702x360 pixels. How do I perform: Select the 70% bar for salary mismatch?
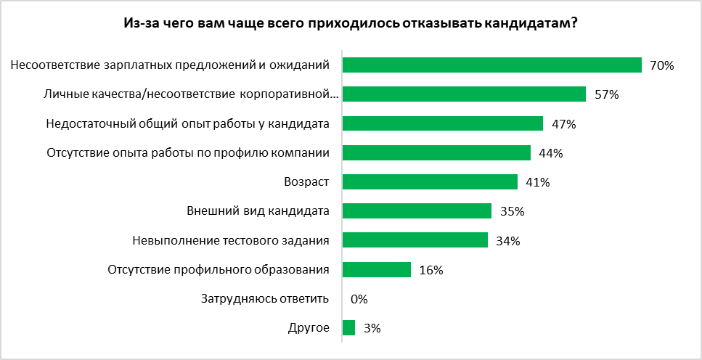[x=491, y=65]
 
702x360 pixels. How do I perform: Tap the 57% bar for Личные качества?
[x=463, y=94]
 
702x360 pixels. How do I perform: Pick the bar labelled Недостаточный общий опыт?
[x=442, y=123]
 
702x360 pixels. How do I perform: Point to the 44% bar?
[x=436, y=152]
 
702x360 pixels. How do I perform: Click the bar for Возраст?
[x=430, y=181]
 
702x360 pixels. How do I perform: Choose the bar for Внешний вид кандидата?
[x=417, y=211]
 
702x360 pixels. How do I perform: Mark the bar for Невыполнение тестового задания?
[x=415, y=240]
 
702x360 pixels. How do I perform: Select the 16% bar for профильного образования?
[x=376, y=270]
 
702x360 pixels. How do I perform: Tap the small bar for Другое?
[x=348, y=328]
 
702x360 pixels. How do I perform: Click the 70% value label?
[x=662, y=66]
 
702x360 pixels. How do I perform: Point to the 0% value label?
[x=359, y=299]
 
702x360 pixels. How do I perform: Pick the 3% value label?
[x=372, y=328]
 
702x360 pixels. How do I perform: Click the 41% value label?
[x=537, y=182]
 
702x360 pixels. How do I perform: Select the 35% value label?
[x=512, y=211]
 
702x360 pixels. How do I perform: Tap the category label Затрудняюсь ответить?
[x=265, y=298]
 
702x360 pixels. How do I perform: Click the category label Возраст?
[x=306, y=181]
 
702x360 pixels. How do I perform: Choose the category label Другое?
[x=308, y=327]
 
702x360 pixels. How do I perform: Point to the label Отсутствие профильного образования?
[x=219, y=269]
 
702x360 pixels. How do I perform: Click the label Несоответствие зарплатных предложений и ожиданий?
[x=171, y=65]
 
